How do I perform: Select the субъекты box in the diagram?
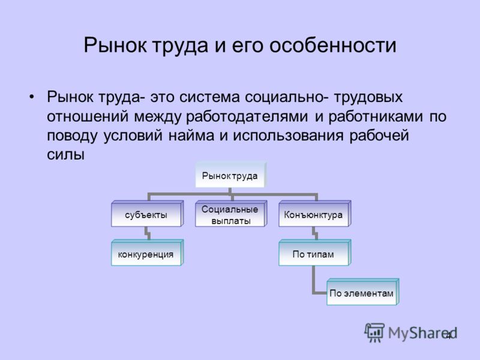click(147, 214)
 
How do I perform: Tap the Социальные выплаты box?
click(231, 214)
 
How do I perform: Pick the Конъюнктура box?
click(314, 214)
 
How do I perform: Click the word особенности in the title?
click(333, 46)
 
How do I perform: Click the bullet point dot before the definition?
click(32, 97)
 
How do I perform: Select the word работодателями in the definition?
click(247, 116)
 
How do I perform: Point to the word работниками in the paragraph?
click(376, 116)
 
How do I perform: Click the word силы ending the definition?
click(65, 155)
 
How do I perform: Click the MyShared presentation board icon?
click(374, 332)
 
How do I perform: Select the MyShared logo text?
click(422, 333)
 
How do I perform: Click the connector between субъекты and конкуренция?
click(147, 233)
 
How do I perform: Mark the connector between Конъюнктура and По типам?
click(314, 233)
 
